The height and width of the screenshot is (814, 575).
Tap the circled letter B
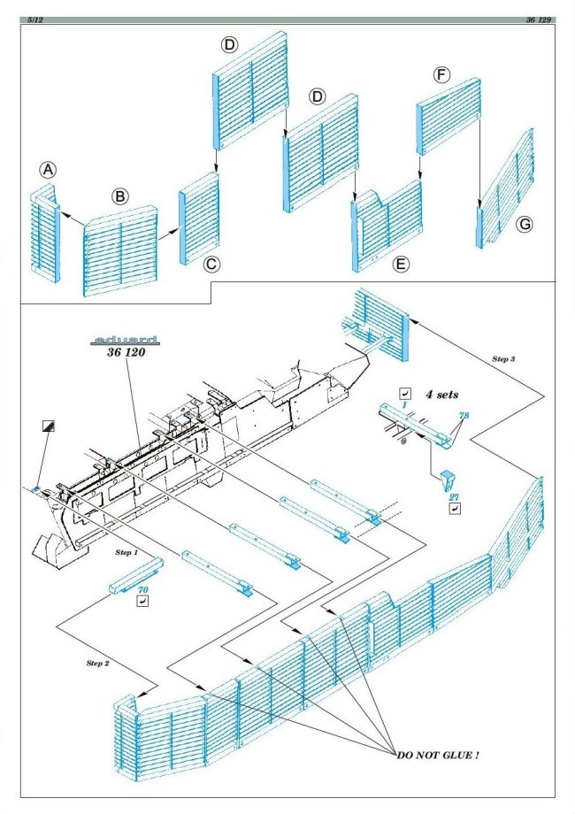coord(119,196)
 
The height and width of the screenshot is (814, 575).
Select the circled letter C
coord(211,265)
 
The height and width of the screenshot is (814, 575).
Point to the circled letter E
coord(402,265)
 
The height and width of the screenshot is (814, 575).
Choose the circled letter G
coord(525,226)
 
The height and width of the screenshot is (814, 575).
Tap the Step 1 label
coord(127,551)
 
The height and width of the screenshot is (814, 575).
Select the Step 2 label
coord(99,663)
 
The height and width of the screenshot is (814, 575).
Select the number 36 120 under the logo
coord(125,354)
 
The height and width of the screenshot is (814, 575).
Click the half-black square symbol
coord(48,425)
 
